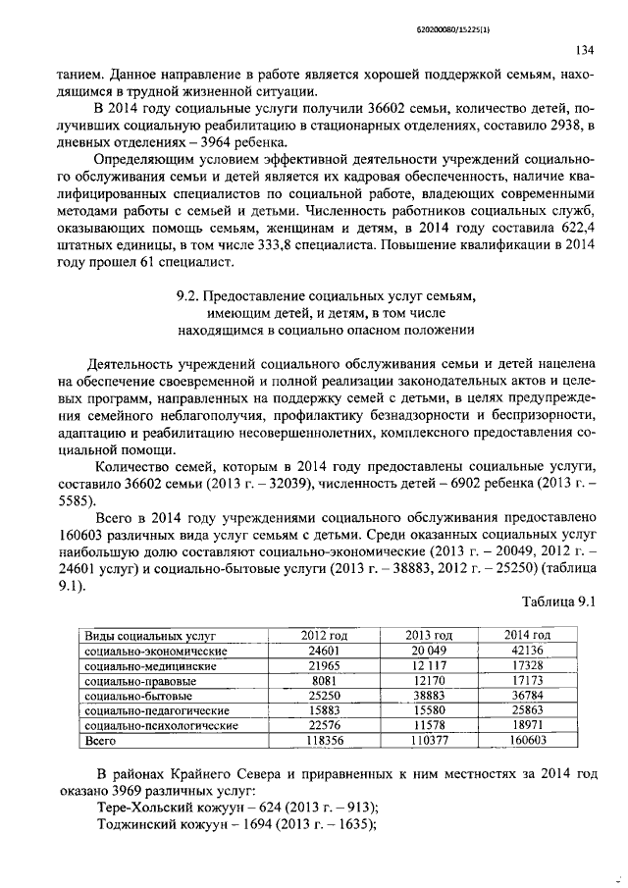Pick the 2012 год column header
(322, 636)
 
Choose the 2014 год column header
(527, 636)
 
